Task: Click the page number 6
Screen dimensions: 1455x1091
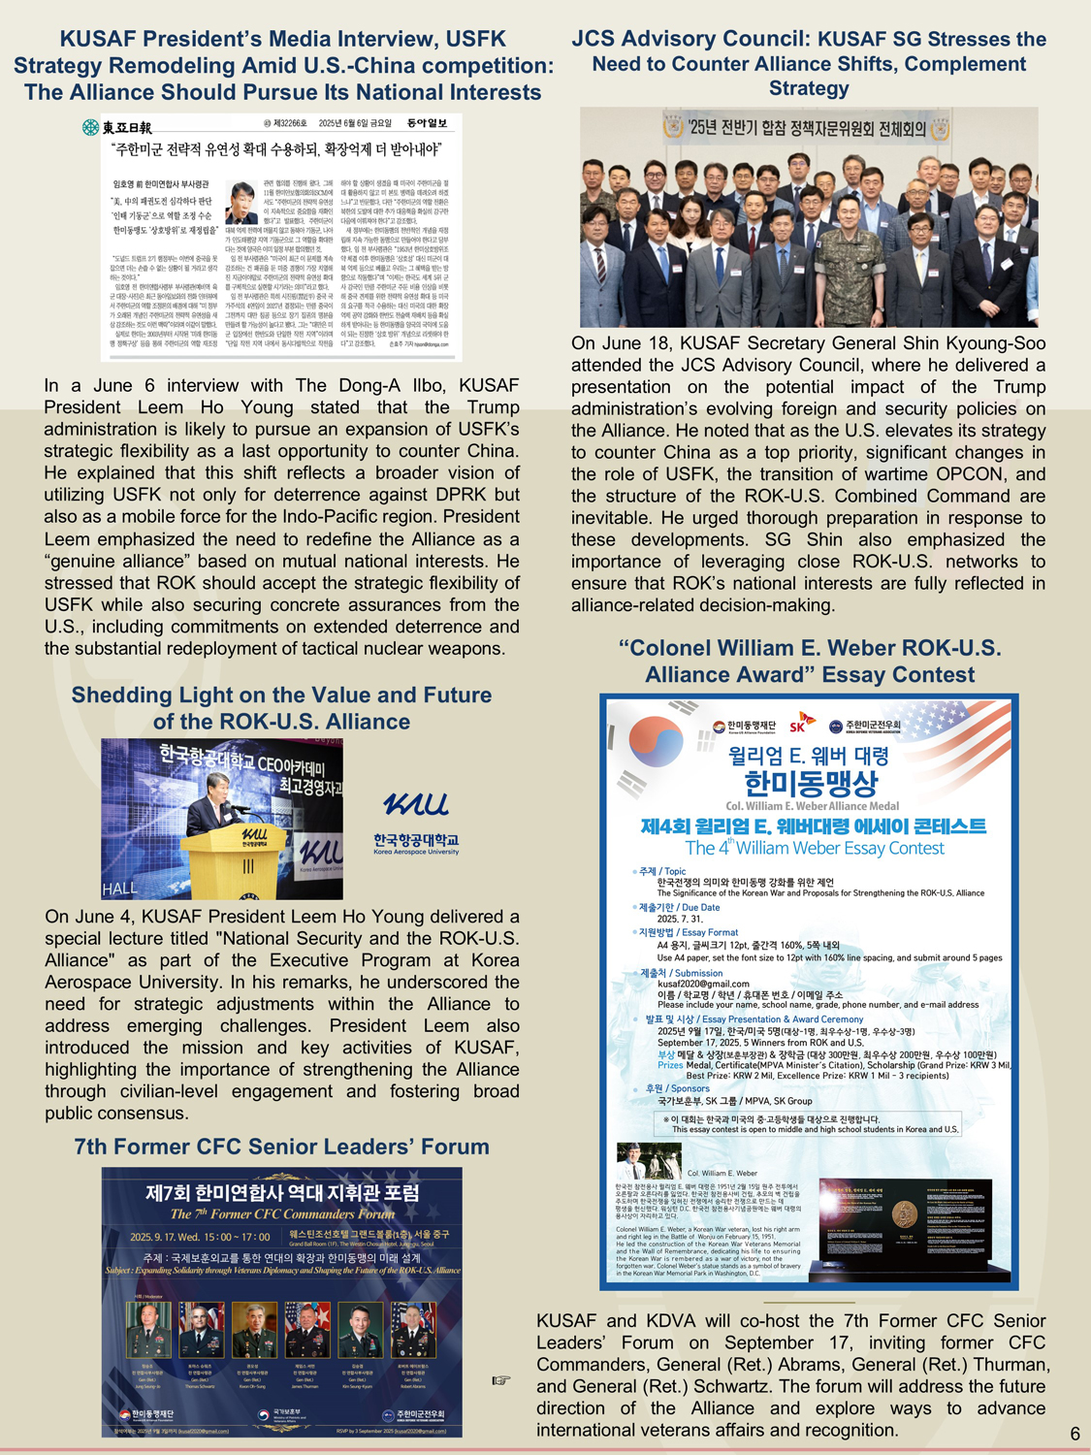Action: tap(1075, 1434)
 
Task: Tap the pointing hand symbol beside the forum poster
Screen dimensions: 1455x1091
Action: tap(500, 1380)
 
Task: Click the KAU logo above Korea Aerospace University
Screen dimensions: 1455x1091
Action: tap(415, 803)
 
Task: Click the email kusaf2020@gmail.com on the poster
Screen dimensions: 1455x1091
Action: tap(703, 984)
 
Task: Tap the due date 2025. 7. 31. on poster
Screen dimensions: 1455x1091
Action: tap(680, 919)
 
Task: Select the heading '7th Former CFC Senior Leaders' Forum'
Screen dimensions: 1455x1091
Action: tap(282, 1147)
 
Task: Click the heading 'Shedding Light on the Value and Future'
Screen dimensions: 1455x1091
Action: tap(281, 695)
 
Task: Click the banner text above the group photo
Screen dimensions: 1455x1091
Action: tap(807, 127)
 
